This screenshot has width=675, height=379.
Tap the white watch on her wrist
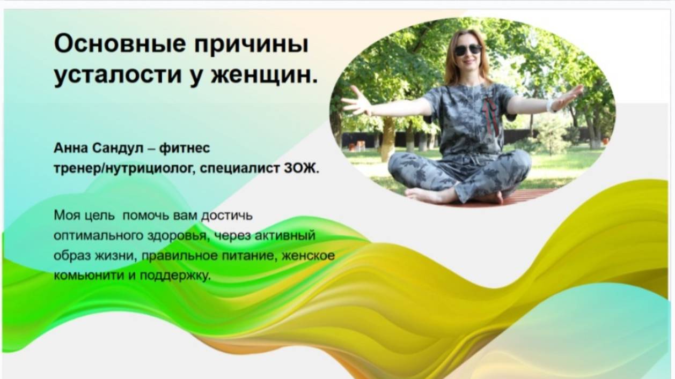pos(551,105)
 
